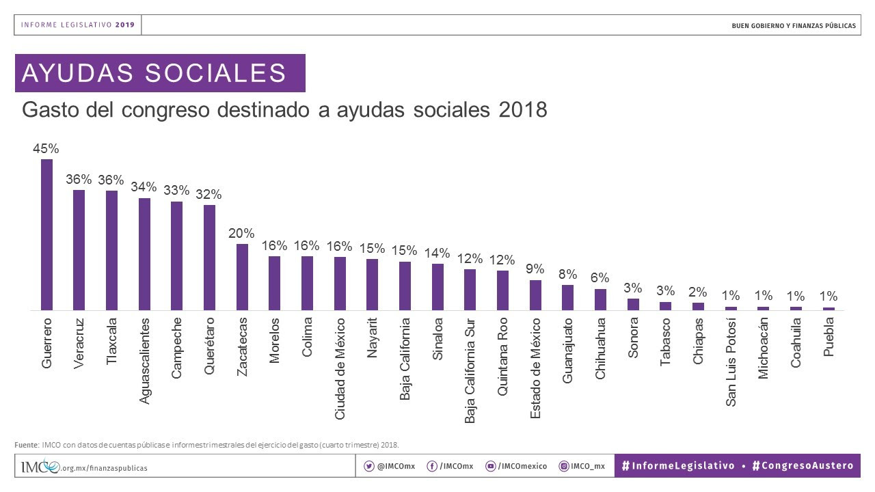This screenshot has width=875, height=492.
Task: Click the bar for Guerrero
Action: pos(46,234)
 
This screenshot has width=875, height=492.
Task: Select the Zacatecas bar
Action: pos(242,277)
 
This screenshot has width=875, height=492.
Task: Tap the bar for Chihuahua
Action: pos(600,299)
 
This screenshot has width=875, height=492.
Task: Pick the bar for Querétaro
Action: pos(210,257)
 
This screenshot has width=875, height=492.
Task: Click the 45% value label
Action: pos(46,148)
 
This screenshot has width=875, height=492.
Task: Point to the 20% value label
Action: pos(241,233)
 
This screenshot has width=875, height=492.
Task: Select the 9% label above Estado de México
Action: pos(535,269)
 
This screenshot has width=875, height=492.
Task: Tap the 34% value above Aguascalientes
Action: pos(144,187)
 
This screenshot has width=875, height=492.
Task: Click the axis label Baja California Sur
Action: pos(470,370)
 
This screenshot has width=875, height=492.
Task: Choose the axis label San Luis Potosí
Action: pos(731,362)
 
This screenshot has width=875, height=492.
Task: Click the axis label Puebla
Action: pos(829,337)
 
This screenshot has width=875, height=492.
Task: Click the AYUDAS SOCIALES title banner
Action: pos(160,73)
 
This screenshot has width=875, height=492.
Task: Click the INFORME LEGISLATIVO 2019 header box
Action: pos(78,25)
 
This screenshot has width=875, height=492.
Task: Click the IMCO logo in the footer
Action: pos(40,467)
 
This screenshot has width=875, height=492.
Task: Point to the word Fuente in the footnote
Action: pos(27,444)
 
